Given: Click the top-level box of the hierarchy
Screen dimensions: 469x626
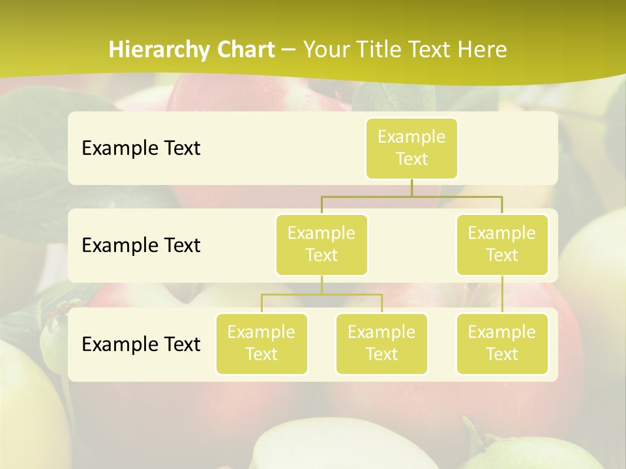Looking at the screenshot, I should pyautogui.click(x=411, y=148).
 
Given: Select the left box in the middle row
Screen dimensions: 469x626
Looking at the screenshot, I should pyautogui.click(x=321, y=244).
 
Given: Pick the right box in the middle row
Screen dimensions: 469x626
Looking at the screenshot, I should pyautogui.click(x=502, y=244).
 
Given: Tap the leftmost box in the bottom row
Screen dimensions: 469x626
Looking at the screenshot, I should pyautogui.click(x=261, y=343).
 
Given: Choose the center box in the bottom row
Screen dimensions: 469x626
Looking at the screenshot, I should pyautogui.click(x=381, y=343).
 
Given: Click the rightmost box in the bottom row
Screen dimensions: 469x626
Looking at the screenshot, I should pyautogui.click(x=502, y=343).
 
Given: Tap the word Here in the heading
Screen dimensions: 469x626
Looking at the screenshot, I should pyautogui.click(x=483, y=50).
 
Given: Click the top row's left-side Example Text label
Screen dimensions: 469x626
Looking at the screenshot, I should pyautogui.click(x=141, y=148).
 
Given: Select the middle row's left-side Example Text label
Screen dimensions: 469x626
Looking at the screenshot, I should pyautogui.click(x=141, y=245).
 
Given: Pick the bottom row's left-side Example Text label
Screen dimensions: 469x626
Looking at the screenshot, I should pyautogui.click(x=141, y=344).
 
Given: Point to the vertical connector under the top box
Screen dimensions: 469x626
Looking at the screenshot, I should pyautogui.click(x=411, y=188).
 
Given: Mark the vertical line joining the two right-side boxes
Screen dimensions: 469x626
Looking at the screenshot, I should pyautogui.click(x=502, y=294).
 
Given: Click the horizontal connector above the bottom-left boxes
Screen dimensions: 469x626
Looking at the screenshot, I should pyautogui.click(x=321, y=294).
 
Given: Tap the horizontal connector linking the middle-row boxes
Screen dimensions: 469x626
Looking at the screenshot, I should pyautogui.click(x=411, y=196).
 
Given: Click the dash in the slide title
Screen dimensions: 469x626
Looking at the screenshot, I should pyautogui.click(x=289, y=50).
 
